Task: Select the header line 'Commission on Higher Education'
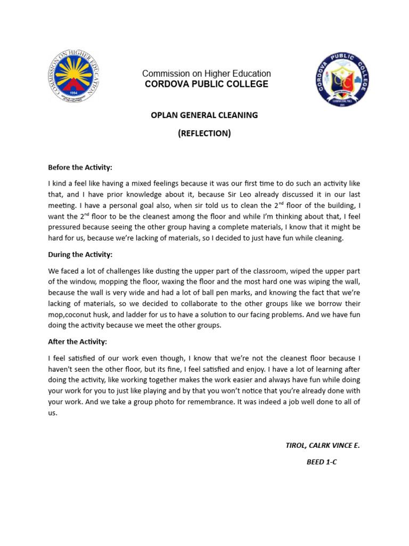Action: click(x=206, y=74)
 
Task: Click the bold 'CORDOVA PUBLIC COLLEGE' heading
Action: click(x=206, y=84)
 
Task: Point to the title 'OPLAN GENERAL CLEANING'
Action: click(x=204, y=115)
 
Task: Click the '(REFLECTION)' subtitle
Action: click(x=204, y=133)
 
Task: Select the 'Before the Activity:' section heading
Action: click(x=80, y=167)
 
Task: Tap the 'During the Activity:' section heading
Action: click(x=80, y=254)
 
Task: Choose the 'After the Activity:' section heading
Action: click(x=78, y=341)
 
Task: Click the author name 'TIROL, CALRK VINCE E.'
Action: click(x=323, y=445)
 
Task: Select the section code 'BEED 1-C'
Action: click(x=322, y=462)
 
